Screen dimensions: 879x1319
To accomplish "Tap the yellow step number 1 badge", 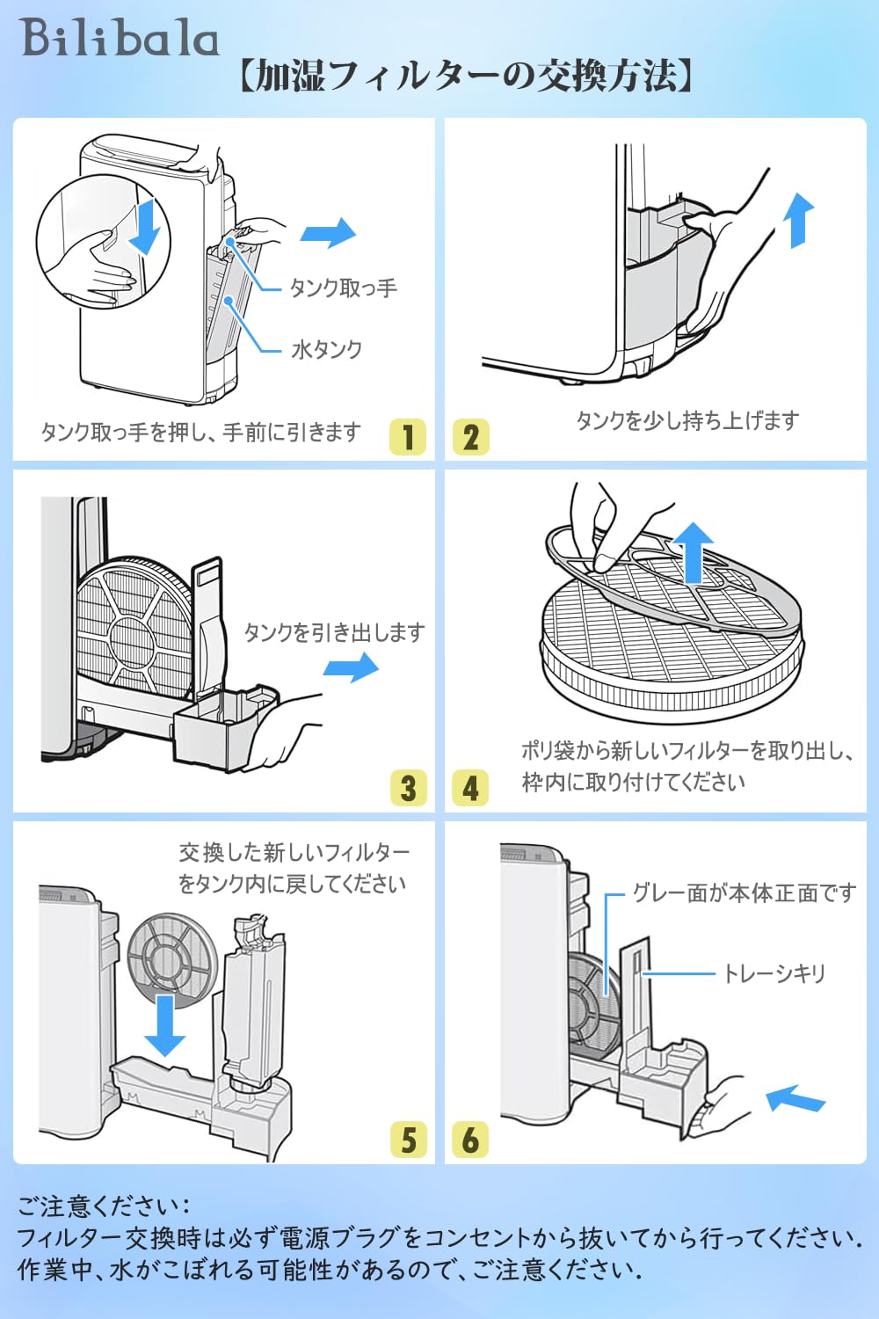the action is pos(407,437).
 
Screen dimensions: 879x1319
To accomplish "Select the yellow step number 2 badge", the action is pos(470,437).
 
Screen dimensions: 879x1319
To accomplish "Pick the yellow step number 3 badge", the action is pos(408,788).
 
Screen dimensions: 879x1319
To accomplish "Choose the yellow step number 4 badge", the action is pos(469,788).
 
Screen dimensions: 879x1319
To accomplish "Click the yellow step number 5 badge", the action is pos(408,1140).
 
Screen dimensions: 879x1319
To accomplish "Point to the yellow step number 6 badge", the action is pos(469,1140).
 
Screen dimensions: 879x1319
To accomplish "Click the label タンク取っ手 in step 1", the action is pos(344,288).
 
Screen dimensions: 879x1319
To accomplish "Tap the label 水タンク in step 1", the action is pos(327,350).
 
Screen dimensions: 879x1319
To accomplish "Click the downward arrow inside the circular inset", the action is pos(144,227).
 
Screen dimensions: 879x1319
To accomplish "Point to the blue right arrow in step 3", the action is pos(351,667).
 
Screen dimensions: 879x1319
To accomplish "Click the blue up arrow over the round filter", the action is pos(694,552).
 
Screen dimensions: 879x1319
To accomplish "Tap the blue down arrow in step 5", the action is pos(165,1026).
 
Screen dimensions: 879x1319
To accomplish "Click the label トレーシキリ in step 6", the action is pos(774,973).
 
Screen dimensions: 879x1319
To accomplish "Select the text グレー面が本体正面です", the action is pos(745,893).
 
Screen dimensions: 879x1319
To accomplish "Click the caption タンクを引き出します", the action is pos(334,632).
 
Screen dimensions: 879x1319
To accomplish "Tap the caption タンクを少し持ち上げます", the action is pos(687,420).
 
